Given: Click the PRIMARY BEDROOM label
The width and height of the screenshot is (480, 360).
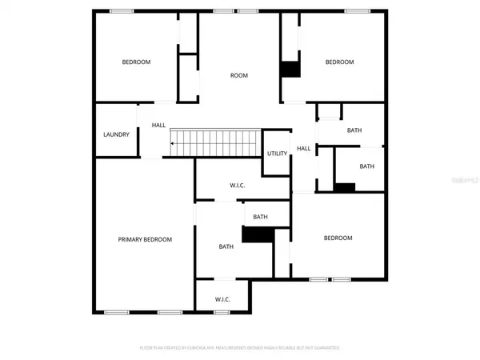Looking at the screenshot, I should click(145, 239).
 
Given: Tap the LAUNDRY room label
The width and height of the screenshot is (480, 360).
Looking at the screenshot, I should click(116, 134).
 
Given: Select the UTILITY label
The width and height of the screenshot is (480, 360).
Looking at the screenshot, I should click(277, 154).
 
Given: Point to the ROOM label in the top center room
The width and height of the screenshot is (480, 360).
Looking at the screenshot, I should click(239, 76).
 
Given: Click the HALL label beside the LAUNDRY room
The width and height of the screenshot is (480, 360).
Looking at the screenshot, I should click(158, 126).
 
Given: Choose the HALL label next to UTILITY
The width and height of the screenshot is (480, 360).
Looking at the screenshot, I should click(304, 149).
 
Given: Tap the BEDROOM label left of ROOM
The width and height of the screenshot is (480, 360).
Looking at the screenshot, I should click(136, 62).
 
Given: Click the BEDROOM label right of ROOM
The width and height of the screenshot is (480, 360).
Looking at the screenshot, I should click(338, 62).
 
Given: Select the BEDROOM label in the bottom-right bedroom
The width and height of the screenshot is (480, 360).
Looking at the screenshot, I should click(338, 238).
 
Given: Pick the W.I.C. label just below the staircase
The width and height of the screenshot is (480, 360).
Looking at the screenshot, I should click(237, 186).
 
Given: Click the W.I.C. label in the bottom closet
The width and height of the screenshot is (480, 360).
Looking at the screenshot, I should click(222, 300).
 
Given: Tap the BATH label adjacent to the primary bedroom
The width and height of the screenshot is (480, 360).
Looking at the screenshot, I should click(226, 246).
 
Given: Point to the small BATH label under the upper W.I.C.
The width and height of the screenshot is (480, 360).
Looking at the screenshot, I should click(260, 217).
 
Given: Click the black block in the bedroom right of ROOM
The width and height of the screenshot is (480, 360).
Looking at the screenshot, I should click(290, 70).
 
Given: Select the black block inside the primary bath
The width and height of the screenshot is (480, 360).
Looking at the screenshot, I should click(258, 235).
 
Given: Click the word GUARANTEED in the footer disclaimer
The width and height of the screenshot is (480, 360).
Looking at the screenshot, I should click(326, 348).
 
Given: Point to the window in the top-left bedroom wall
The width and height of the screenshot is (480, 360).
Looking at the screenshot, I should click(122, 10).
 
